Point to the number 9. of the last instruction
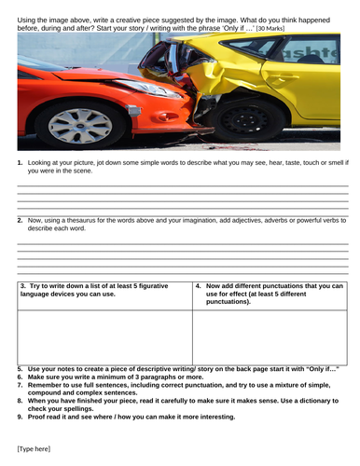point(21,417)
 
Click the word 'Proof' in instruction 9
point(38,417)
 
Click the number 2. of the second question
point(21,220)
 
